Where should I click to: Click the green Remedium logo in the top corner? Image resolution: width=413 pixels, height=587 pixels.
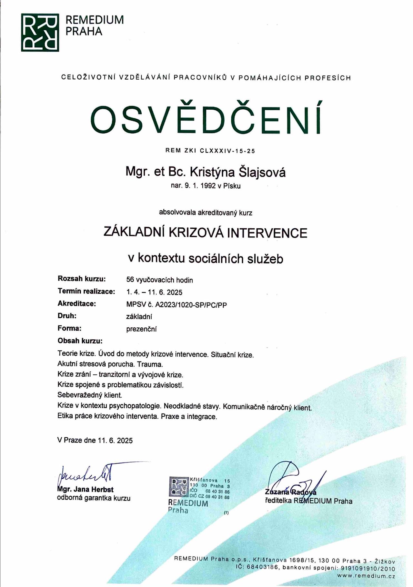click(x=40, y=32)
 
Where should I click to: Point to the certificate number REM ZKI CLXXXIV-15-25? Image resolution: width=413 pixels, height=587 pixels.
click(x=210, y=151)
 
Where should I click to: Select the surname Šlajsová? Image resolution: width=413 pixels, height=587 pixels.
click(x=262, y=172)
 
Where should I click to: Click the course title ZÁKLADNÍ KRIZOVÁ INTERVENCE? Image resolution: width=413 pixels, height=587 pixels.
click(x=206, y=233)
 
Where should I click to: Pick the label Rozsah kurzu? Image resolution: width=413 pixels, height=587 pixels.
click(x=82, y=279)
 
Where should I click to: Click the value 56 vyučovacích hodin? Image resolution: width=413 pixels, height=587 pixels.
click(x=159, y=280)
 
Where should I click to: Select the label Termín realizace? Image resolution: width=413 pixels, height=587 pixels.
click(x=86, y=292)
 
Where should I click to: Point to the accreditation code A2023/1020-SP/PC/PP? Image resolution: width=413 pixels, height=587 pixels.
click(x=191, y=305)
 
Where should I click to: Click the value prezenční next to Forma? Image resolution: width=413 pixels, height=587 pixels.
click(x=141, y=329)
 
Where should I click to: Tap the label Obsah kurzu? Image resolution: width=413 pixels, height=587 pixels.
click(x=80, y=341)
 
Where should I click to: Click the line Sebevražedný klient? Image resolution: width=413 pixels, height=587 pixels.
click(x=90, y=395)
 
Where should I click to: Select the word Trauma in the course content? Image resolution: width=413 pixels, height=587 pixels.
click(x=150, y=364)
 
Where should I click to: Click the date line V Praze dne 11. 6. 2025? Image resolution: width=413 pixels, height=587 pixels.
click(x=95, y=441)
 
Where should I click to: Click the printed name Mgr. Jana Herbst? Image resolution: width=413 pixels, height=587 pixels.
click(x=86, y=490)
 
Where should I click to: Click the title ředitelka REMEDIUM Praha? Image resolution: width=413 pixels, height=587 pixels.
click(x=308, y=501)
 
